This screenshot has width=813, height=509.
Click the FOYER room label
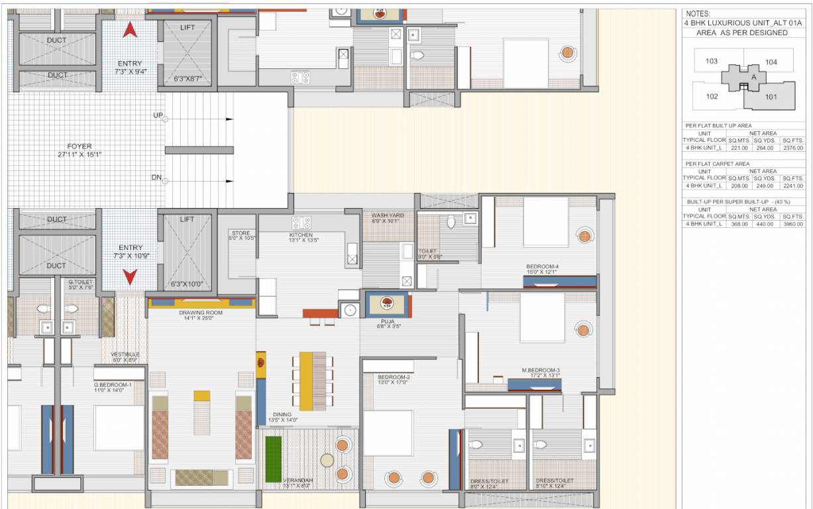coord(79,146)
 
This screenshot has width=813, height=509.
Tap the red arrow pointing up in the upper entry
coord(130,30)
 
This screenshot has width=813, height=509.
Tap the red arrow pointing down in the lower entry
coord(130,276)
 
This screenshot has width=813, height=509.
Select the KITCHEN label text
coord(300,235)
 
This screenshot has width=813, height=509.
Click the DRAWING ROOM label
coord(200,312)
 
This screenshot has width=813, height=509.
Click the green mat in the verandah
coord(273,459)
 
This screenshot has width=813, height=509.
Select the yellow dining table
coord(305,381)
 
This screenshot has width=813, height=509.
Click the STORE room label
coord(240,233)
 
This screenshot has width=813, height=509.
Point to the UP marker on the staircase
coord(158,115)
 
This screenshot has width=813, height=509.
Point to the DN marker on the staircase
coord(158,177)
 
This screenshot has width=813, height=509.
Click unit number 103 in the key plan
coord(711,61)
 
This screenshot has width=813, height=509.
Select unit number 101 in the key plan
coord(771,97)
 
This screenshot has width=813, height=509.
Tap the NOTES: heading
coord(698,13)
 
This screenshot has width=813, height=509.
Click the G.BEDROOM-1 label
coord(112,384)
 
